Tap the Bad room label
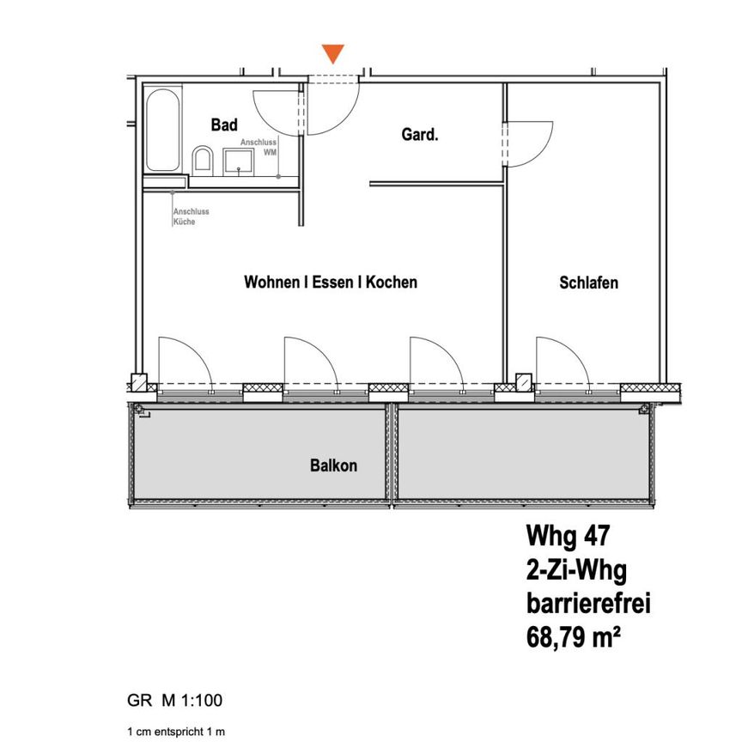click(224, 125)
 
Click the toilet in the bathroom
click(203, 159)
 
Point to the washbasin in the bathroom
click(238, 160)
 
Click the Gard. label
click(420, 135)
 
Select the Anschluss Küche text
click(191, 216)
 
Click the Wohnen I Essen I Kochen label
click(331, 282)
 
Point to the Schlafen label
click(588, 283)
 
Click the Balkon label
click(333, 466)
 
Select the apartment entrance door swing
click(331, 108)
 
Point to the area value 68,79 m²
click(580, 638)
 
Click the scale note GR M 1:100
click(174, 700)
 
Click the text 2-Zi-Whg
click(575, 569)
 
